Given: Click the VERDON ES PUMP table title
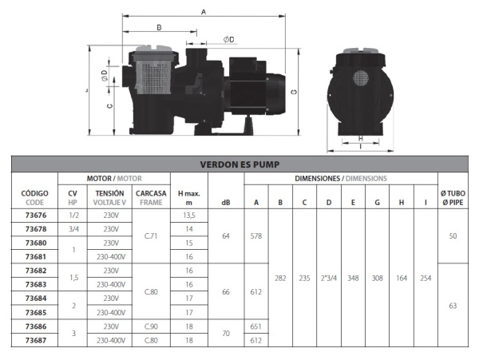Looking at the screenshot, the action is click(x=239, y=164).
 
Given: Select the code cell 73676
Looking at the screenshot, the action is click(x=36, y=216).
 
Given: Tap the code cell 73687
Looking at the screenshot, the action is click(x=36, y=340).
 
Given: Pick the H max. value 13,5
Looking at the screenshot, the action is click(x=189, y=216).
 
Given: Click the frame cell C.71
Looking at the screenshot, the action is click(x=151, y=236).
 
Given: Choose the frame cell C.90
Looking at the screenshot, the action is click(x=151, y=326).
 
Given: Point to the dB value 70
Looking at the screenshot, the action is click(x=226, y=333).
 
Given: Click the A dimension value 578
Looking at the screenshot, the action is click(x=256, y=236).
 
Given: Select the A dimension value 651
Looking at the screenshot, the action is click(x=256, y=326).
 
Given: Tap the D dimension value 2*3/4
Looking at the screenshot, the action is click(x=329, y=278).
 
